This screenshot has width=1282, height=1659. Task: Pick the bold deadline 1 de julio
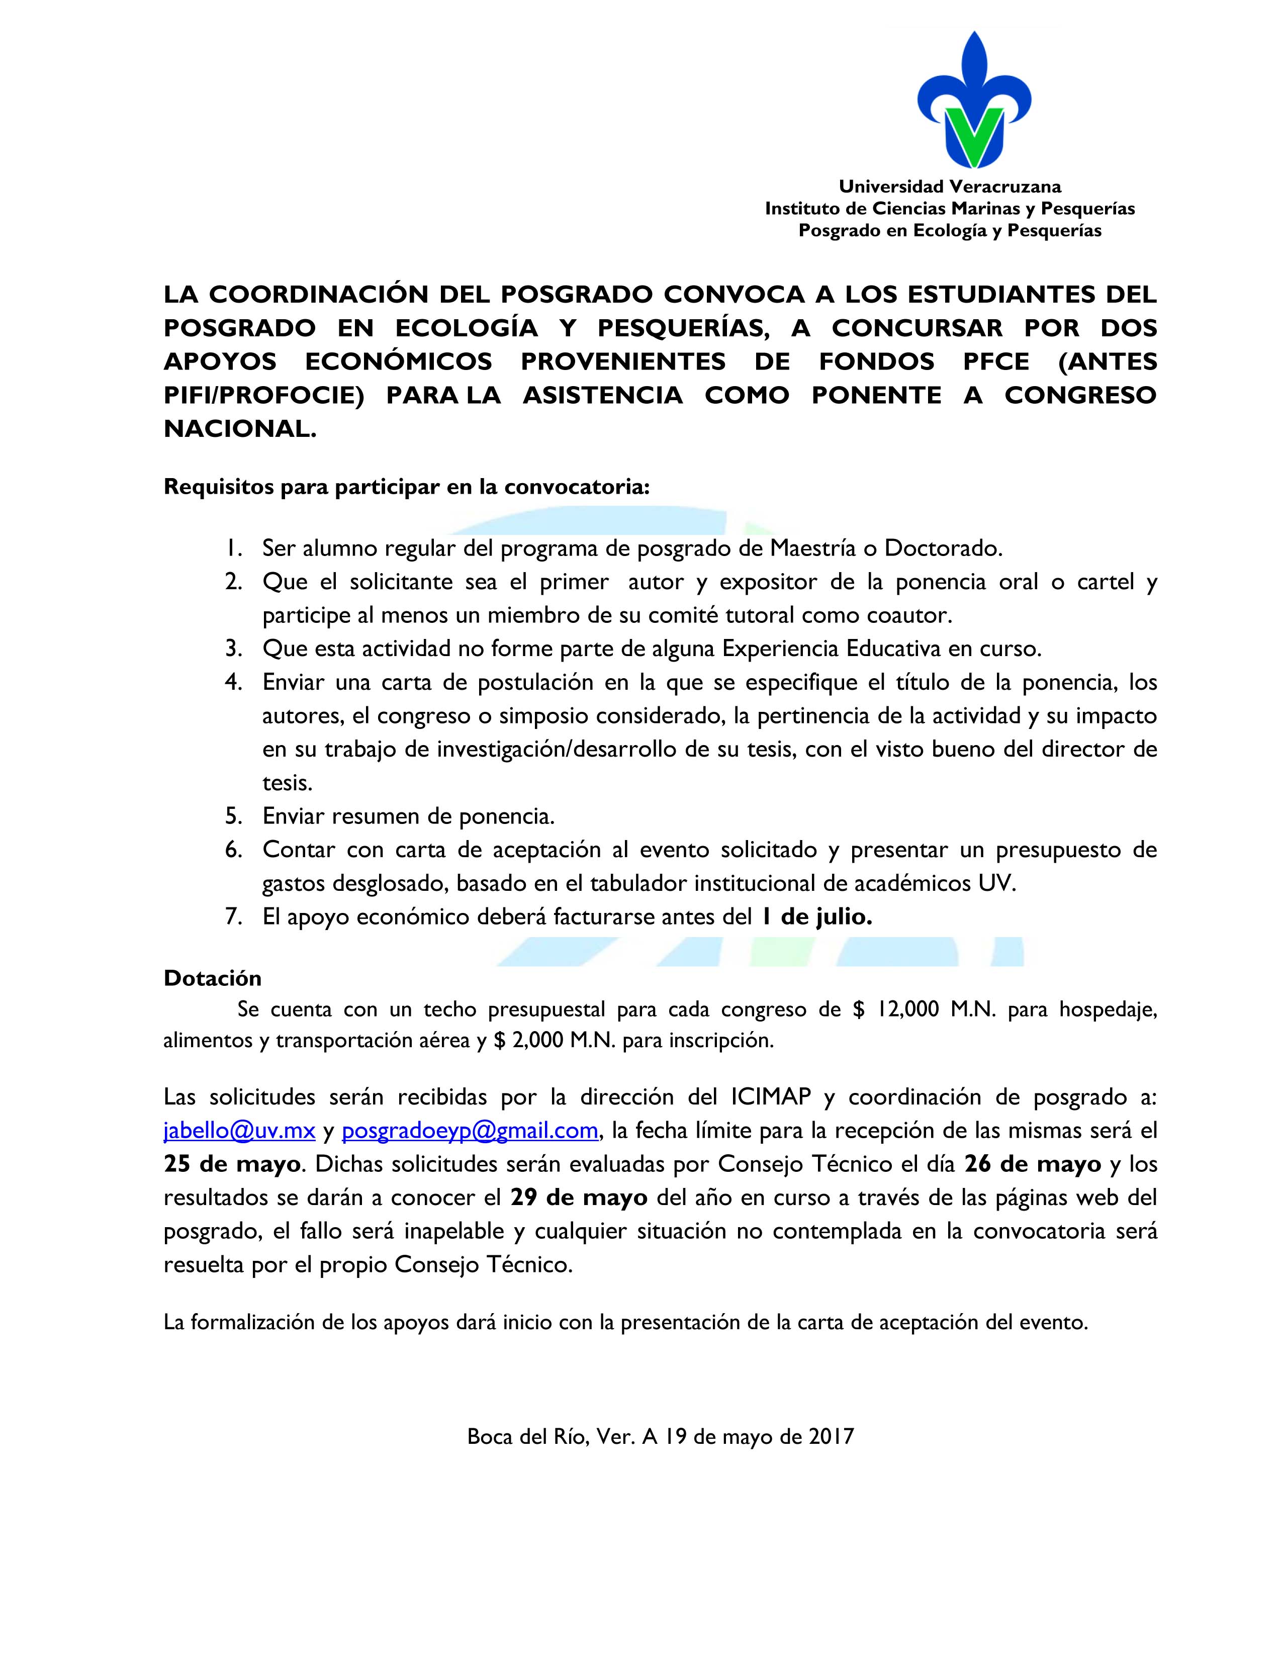tap(816, 917)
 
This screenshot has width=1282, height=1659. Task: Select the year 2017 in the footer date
tap(831, 1436)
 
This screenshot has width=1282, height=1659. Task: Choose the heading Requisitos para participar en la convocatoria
tap(406, 487)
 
